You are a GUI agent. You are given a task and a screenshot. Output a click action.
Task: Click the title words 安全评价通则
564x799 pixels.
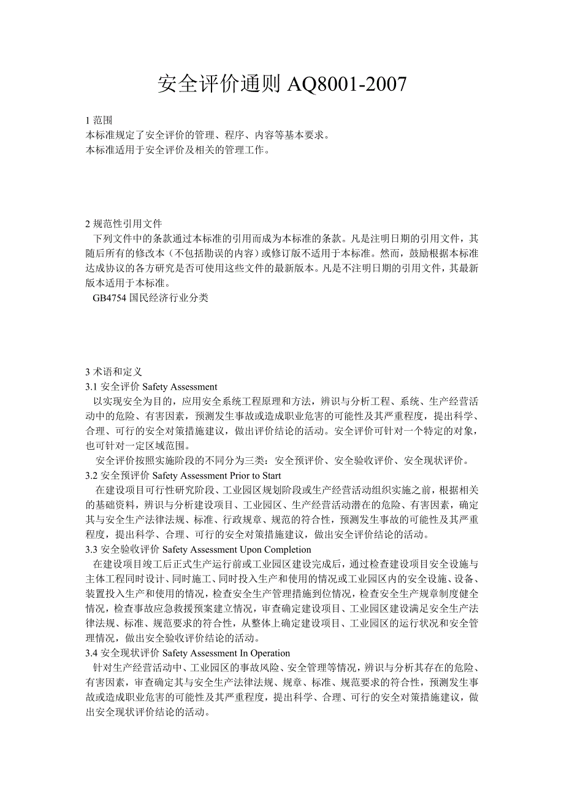point(218,85)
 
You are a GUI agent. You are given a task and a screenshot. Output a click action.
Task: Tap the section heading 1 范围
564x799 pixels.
point(99,120)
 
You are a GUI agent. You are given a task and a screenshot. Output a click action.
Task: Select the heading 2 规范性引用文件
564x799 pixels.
point(124,223)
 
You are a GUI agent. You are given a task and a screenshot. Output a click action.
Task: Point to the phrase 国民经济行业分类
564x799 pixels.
point(169,298)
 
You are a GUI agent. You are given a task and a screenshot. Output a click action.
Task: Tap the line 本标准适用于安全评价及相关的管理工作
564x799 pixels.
point(178,150)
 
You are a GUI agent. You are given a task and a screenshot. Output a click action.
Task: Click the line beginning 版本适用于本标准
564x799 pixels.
point(129,283)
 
